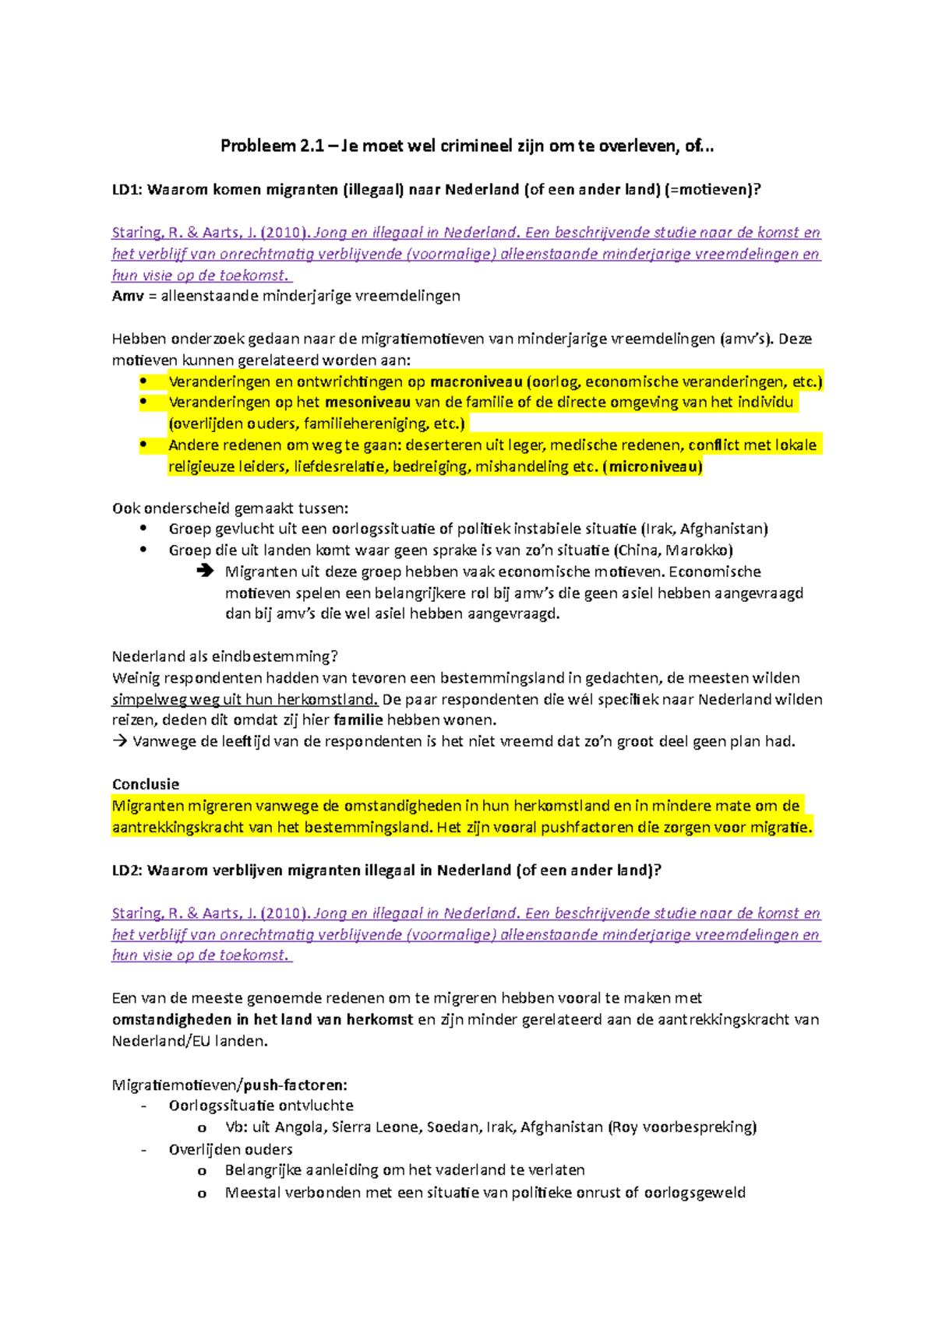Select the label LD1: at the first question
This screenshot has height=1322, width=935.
(127, 189)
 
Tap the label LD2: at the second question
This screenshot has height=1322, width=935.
(127, 870)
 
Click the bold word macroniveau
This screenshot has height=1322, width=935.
(476, 381)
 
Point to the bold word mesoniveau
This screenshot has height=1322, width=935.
(368, 403)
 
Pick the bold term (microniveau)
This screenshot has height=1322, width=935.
(652, 466)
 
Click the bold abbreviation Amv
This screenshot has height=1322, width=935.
(128, 296)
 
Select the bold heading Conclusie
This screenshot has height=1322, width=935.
(146, 784)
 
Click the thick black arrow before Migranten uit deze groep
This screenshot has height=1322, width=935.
(205, 571)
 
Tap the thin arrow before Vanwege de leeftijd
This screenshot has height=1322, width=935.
(119, 741)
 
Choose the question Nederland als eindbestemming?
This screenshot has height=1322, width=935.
(225, 656)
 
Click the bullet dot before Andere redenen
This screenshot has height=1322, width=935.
(143, 445)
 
